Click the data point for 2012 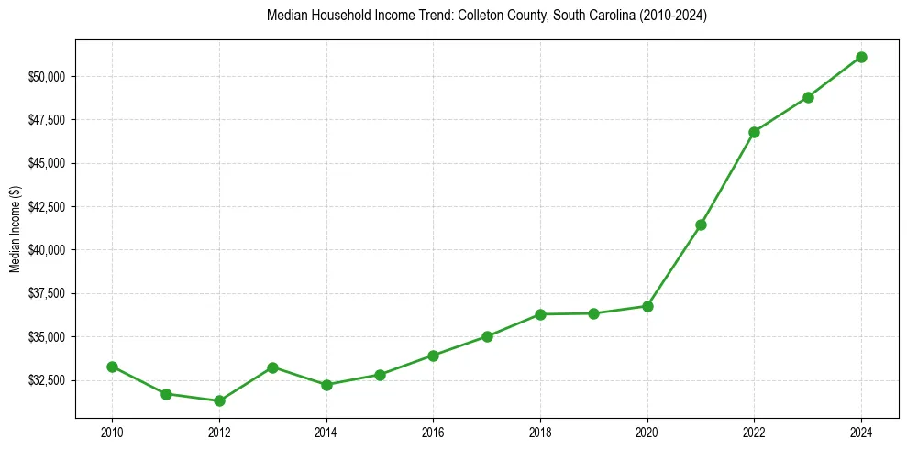(x=219, y=400)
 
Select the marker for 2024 (x=861, y=57)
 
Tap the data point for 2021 (x=701, y=224)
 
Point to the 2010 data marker (x=112, y=367)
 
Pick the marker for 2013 (x=272, y=367)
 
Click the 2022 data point (x=754, y=132)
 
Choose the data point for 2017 (x=487, y=336)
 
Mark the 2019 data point (x=593, y=313)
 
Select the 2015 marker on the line (x=380, y=375)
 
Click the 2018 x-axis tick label (x=540, y=431)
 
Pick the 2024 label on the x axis (x=861, y=431)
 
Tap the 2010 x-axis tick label (x=112, y=431)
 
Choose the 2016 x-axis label (x=433, y=431)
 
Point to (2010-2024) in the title (x=674, y=16)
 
